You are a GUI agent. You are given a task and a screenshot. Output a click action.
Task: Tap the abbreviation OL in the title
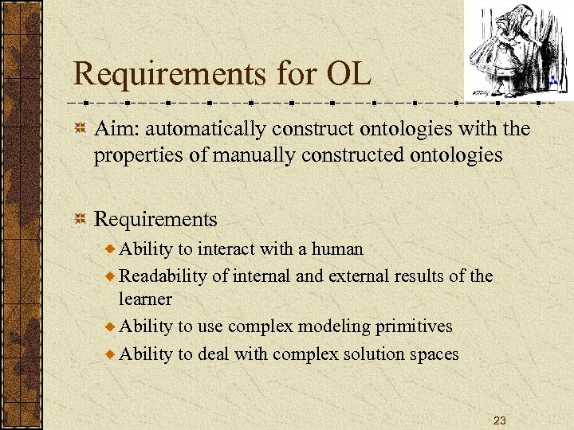pyautogui.click(x=348, y=74)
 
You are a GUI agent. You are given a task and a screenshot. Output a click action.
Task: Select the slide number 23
pyautogui.click(x=500, y=420)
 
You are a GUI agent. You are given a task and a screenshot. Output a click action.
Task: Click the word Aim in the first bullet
pyautogui.click(x=114, y=128)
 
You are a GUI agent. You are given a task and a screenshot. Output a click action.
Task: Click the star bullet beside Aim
pyautogui.click(x=80, y=129)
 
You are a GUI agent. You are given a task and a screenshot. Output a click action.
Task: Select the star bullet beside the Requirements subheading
pyautogui.click(x=80, y=220)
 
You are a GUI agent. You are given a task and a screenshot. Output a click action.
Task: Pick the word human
pyautogui.click(x=337, y=249)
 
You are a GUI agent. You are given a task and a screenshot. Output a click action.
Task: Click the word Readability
pyautogui.click(x=163, y=276)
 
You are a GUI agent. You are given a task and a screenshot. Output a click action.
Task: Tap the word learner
pyautogui.click(x=144, y=299)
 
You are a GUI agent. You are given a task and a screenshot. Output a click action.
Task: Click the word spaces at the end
pyautogui.click(x=434, y=354)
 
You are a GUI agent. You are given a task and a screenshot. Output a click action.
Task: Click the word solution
pyautogui.click(x=371, y=354)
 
